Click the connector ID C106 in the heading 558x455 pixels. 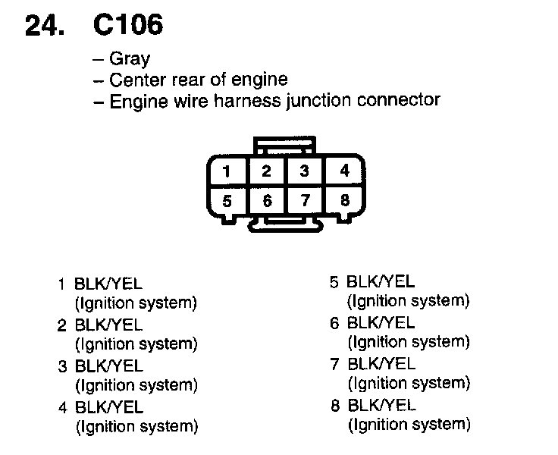127,25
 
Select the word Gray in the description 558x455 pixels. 130,59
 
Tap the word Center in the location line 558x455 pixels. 136,80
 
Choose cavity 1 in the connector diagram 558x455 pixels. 227,171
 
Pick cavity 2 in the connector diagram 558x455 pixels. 266,171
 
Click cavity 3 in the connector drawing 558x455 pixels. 304,171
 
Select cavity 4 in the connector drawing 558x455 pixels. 344,171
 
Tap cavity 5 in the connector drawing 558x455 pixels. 227,202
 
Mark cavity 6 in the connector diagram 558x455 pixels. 266,202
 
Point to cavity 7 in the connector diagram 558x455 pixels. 304,202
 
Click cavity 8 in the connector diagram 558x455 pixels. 344,202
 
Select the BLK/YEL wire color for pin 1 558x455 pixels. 108,285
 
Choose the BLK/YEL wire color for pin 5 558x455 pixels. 381,283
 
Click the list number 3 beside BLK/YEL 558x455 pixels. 62,367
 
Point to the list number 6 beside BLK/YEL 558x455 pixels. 334,324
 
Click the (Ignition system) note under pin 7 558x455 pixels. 408,383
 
